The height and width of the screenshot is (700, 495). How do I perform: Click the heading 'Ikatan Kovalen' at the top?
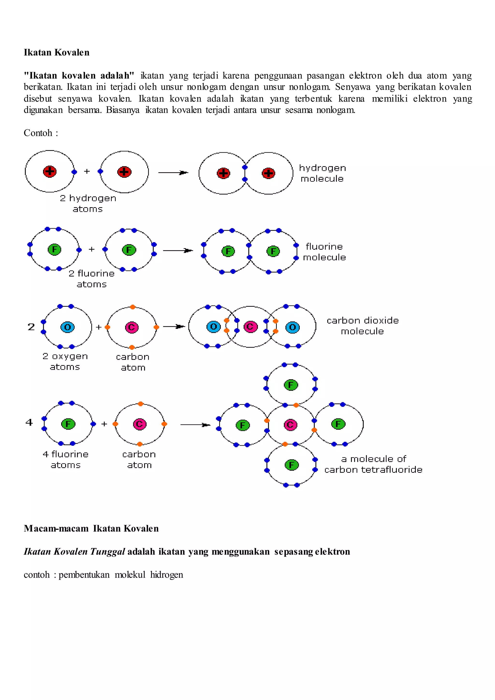(57, 52)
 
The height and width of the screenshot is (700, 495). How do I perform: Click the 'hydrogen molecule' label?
(322, 173)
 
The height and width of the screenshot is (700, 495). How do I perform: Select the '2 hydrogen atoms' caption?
(88, 203)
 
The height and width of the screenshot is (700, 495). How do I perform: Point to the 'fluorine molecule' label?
(325, 252)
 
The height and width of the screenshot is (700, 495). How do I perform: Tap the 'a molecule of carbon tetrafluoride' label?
(373, 464)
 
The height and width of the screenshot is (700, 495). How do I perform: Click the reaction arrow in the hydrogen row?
(173, 173)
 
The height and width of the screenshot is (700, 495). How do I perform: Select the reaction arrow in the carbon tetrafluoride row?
(195, 425)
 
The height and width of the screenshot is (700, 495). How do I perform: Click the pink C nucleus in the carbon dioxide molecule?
(251, 327)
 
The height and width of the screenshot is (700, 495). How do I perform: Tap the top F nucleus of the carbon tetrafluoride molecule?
(291, 385)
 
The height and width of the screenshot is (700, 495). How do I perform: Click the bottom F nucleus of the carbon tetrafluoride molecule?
(291, 465)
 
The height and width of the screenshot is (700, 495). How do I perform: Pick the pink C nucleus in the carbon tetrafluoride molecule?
(291, 424)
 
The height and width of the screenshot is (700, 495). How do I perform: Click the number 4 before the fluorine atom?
(29, 422)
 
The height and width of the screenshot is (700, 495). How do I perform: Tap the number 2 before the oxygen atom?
(31, 327)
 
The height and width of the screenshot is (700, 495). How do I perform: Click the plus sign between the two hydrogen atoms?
(87, 171)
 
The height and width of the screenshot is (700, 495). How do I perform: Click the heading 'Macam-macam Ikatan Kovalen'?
(91, 528)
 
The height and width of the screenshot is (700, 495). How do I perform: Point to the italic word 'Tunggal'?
(108, 552)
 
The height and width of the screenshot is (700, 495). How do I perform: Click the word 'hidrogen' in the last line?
(167, 575)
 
